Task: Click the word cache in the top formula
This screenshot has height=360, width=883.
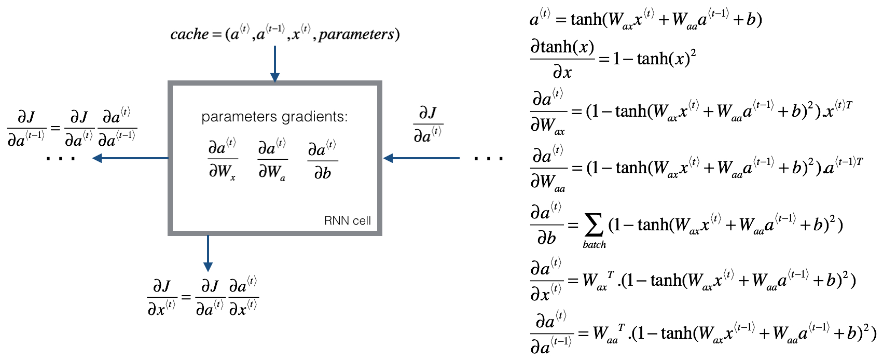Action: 189,34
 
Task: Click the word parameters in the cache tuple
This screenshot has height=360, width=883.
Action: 356,34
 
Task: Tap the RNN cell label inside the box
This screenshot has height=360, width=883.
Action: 347,220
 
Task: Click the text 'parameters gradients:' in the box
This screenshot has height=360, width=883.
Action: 274,117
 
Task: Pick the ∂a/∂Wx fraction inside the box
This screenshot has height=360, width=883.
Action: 223,159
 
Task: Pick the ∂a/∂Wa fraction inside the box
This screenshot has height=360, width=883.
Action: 272,159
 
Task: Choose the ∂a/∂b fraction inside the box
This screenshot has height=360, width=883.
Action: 322,159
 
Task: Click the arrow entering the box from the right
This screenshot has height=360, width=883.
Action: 421,158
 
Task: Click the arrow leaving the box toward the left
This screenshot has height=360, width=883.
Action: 130,158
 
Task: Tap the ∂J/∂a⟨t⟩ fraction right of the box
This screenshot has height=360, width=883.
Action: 428,124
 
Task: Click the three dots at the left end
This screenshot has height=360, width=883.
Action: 61,159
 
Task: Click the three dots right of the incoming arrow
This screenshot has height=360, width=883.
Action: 488,159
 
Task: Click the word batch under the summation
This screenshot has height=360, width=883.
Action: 594,244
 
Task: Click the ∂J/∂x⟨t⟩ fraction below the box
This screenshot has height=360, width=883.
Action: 162,298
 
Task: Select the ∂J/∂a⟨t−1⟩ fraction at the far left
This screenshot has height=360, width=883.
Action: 26,128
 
